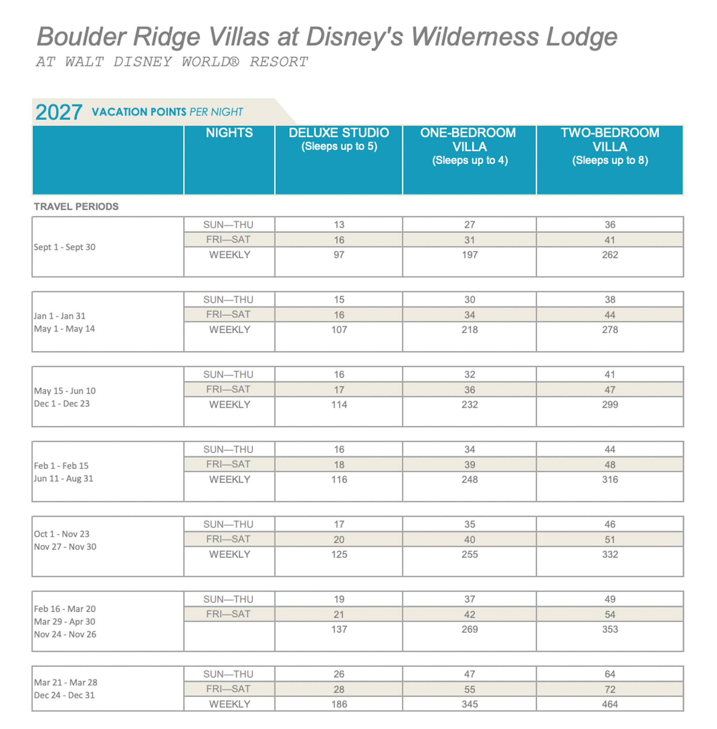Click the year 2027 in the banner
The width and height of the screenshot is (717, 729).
[59, 112]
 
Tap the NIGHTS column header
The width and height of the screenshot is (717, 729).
[229, 133]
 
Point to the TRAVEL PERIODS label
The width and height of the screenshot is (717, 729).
[76, 206]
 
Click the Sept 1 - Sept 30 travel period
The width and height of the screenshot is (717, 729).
[65, 247]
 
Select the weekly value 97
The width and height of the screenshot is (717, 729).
[339, 255]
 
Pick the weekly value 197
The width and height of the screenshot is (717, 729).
[469, 255]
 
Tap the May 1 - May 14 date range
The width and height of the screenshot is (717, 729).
[64, 329]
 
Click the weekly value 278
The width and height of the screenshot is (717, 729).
[610, 330]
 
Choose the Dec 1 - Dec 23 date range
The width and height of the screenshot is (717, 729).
[62, 404]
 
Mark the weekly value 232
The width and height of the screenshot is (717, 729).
[469, 405]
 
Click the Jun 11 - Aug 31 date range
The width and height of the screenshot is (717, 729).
[63, 479]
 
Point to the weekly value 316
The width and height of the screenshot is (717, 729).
[610, 480]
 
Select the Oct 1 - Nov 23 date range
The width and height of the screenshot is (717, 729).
[62, 534]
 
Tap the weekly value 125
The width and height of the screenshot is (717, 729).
[339, 555]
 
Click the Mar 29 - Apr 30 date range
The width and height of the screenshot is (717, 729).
[64, 622]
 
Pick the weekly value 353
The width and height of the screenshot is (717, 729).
[610, 630]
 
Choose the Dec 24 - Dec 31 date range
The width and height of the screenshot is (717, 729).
[64, 695]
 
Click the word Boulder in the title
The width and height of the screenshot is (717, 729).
[80, 37]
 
